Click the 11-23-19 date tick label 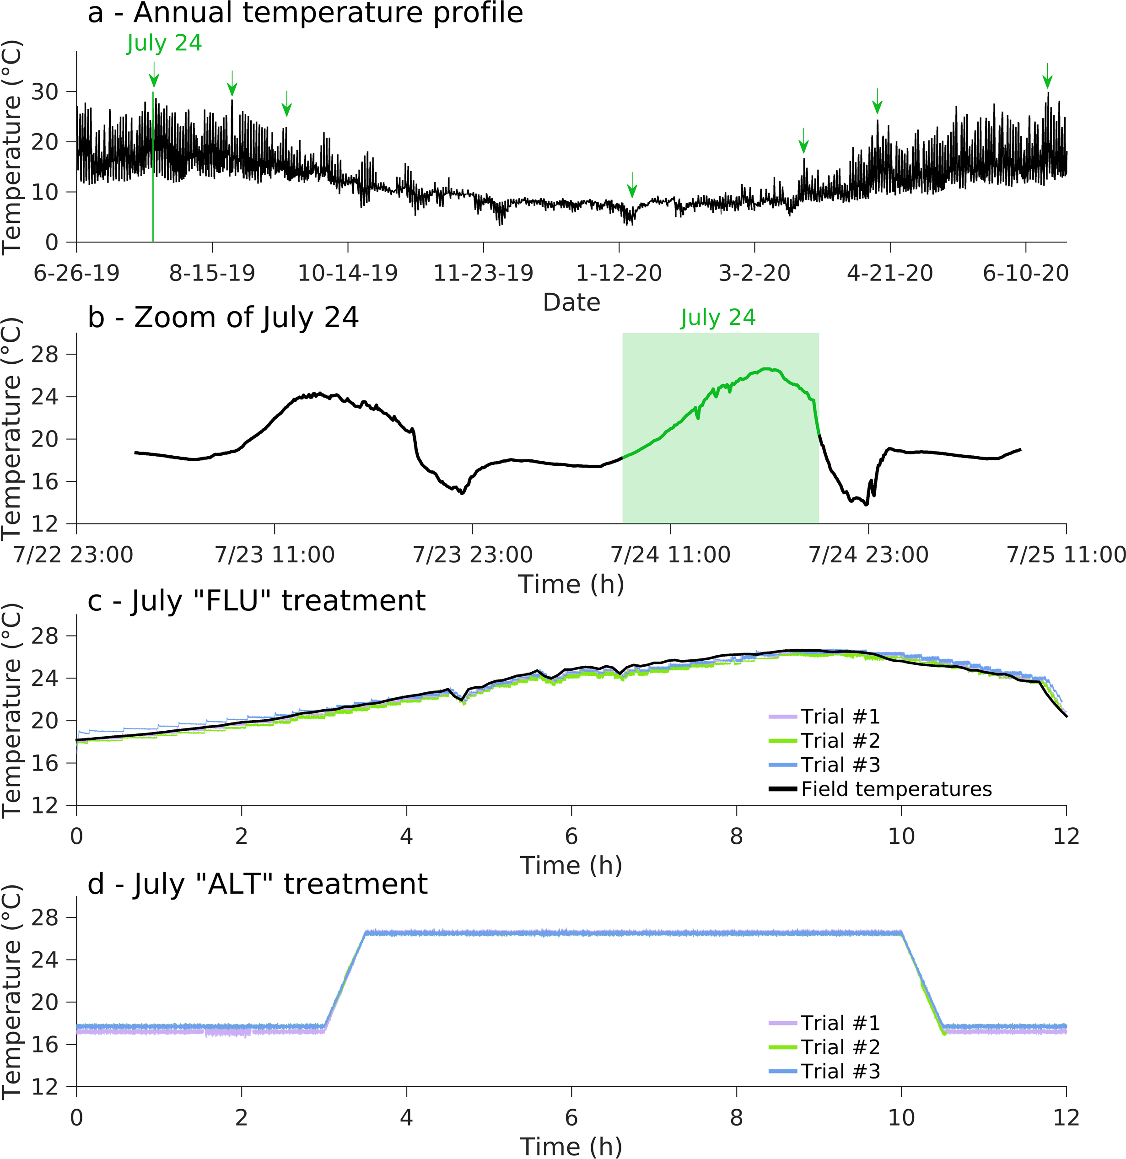483,273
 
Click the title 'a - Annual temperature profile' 305,13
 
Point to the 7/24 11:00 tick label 670,555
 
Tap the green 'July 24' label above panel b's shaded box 718,318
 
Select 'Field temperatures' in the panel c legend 896,789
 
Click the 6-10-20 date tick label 1025,273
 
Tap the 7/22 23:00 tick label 73,555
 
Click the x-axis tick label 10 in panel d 901,1118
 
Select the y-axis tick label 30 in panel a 45,92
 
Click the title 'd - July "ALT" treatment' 257,884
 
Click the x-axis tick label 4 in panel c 406,836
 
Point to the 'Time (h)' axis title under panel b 571,584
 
